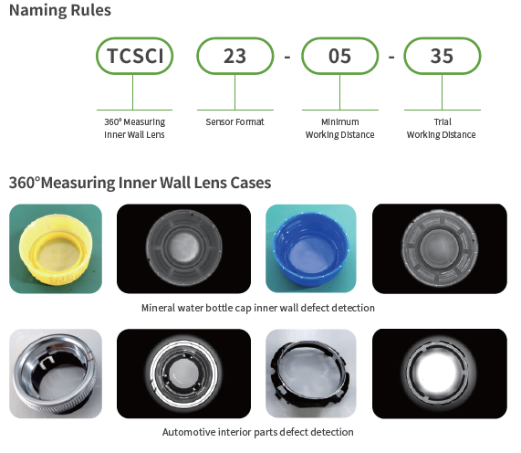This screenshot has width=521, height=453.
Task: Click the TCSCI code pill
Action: pyautogui.click(x=134, y=56)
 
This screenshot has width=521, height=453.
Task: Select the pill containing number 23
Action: pyautogui.click(x=234, y=56)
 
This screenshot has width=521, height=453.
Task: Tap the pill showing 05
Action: pyautogui.click(x=340, y=56)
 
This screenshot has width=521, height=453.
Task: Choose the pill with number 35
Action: pyautogui.click(x=443, y=56)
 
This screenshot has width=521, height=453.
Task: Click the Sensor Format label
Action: pyautogui.click(x=234, y=122)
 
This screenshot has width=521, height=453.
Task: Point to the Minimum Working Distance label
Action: pyautogui.click(x=340, y=128)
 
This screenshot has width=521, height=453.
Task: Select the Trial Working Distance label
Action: pyautogui.click(x=442, y=128)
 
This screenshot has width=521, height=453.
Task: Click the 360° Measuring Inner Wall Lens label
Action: pyautogui.click(x=134, y=128)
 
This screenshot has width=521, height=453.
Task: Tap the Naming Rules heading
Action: pyautogui.click(x=60, y=10)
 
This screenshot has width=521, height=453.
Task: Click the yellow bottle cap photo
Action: pyautogui.click(x=56, y=248)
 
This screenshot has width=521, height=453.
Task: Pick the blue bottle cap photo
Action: pyautogui.click(x=311, y=248)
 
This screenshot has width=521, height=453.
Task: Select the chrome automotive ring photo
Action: pyautogui.click(x=56, y=374)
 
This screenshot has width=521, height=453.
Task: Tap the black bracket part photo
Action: pyautogui.click(x=311, y=374)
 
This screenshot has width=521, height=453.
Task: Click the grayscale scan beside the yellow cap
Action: pyautogui.click(x=183, y=248)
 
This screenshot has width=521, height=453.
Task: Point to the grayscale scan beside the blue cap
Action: pyautogui.click(x=440, y=248)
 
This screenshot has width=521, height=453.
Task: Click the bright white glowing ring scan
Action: pyautogui.click(x=440, y=374)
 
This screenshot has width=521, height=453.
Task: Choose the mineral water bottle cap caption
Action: pyautogui.click(x=258, y=308)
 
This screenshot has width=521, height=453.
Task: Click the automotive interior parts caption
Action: pyautogui.click(x=258, y=432)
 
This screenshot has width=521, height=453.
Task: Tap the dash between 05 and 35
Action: pyautogui.click(x=391, y=58)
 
